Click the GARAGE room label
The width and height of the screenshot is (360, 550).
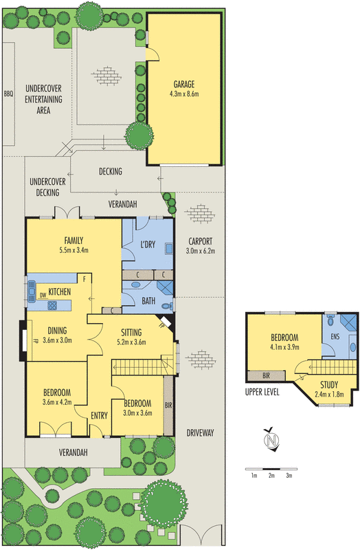[184, 84]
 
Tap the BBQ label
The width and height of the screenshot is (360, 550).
[8, 94]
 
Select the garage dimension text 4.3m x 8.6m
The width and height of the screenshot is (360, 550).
[184, 94]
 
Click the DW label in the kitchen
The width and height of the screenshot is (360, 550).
[43, 295]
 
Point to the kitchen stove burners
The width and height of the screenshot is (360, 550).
[52, 305]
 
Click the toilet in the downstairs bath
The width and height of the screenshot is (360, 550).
[167, 306]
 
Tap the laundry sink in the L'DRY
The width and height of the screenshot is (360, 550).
[169, 249]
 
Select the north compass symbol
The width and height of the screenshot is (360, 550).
[271, 439]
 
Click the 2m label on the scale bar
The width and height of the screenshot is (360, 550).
[271, 476]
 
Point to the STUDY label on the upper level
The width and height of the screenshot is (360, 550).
[329, 384]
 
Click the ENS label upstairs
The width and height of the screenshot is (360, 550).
[335, 336]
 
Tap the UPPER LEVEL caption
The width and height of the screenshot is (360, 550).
[262, 392]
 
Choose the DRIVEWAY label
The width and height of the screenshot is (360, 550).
[200, 433]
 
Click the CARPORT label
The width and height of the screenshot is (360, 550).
[201, 241]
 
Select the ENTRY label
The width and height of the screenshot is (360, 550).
[99, 416]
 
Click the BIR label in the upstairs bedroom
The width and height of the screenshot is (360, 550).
[267, 375]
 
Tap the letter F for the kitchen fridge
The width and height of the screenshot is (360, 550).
[84, 279]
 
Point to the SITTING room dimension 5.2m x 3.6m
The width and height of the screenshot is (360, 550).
[131, 342]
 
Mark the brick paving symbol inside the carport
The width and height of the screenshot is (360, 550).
[199, 213]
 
